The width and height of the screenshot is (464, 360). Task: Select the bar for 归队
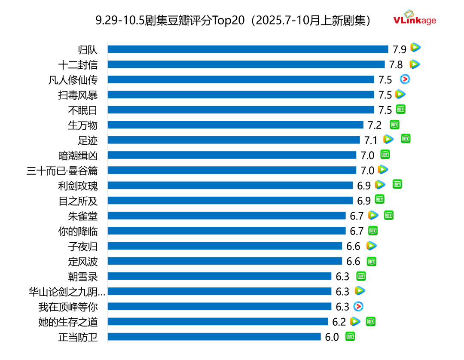[247, 49]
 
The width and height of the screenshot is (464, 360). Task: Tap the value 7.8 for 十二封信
[396, 65]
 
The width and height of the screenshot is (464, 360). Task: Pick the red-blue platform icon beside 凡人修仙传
[405, 79]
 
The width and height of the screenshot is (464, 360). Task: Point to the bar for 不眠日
[241, 110]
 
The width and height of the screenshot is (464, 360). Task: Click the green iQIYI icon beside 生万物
[394, 125]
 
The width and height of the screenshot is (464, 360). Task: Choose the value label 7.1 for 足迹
[371, 140]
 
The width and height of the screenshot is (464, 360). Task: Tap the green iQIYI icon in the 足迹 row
[406, 138]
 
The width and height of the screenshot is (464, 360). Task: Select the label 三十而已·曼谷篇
[62, 171]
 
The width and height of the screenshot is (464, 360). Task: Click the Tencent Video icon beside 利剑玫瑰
[380, 185]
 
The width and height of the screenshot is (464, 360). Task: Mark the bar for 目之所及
[230, 201]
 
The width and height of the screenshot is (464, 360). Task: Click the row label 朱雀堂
[82, 216]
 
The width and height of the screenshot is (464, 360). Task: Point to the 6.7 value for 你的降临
[357, 231]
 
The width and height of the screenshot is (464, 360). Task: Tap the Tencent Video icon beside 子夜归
[371, 246]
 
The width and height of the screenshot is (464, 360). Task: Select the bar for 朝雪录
[219, 276]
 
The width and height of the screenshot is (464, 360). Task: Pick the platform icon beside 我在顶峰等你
[358, 306]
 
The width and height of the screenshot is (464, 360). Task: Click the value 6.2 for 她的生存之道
[339, 322]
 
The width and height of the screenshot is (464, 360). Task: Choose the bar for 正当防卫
[214, 337]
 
